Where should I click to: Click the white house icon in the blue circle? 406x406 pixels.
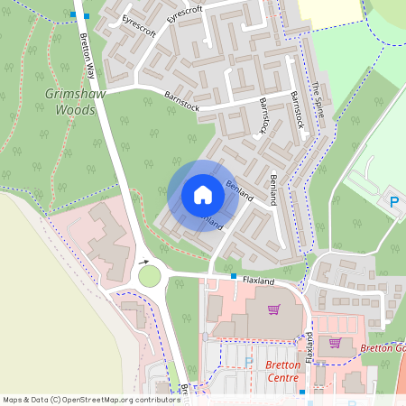click(x=202, y=195)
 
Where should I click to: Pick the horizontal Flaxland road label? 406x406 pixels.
click(x=258, y=281)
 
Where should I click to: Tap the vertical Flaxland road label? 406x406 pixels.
click(x=309, y=346)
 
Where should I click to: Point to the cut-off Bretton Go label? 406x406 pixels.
click(x=383, y=347)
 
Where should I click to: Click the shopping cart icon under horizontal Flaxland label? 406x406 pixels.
click(x=273, y=309)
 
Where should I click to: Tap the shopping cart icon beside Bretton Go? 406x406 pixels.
click(x=336, y=343)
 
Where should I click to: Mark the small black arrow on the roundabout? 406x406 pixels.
click(x=143, y=263)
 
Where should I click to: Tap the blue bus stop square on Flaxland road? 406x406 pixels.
click(x=234, y=276)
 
